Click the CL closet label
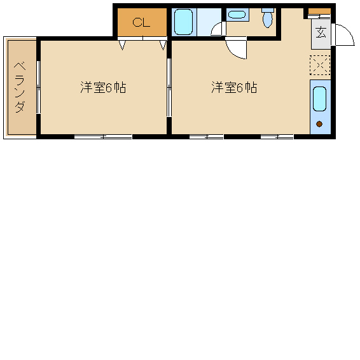[x=141, y=22]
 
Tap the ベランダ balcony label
[x=20, y=87]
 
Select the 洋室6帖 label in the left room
[x=103, y=87]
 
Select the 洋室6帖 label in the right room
[x=234, y=87]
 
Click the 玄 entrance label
[x=321, y=32]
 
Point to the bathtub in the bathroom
[x=183, y=22]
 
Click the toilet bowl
[x=268, y=18]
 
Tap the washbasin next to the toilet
[x=237, y=15]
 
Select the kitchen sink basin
[x=319, y=99]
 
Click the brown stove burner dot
[x=319, y=124]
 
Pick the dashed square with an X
[x=320, y=66]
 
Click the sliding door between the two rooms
[x=169, y=88]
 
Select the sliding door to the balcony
[x=39, y=87]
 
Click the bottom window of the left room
[x=103, y=137]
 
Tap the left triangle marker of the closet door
[x=122, y=45]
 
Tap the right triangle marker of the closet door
[x=163, y=45]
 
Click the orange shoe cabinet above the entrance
[x=319, y=11]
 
